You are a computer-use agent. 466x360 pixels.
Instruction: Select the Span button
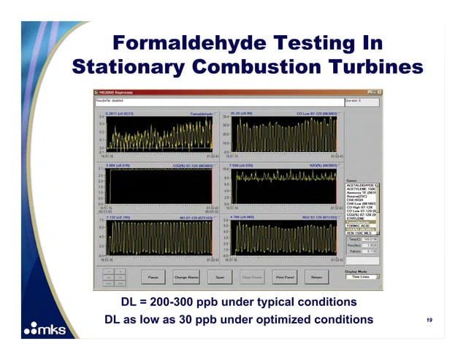(x=218, y=277)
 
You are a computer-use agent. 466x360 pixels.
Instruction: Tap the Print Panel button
(x=284, y=277)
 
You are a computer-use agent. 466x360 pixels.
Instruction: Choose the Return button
(x=316, y=277)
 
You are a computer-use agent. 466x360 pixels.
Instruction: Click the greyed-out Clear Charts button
(x=252, y=277)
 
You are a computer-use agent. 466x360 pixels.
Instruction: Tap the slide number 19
(x=429, y=320)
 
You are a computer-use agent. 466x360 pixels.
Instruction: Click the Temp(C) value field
(x=370, y=240)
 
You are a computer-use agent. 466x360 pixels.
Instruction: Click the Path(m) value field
(x=370, y=251)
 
